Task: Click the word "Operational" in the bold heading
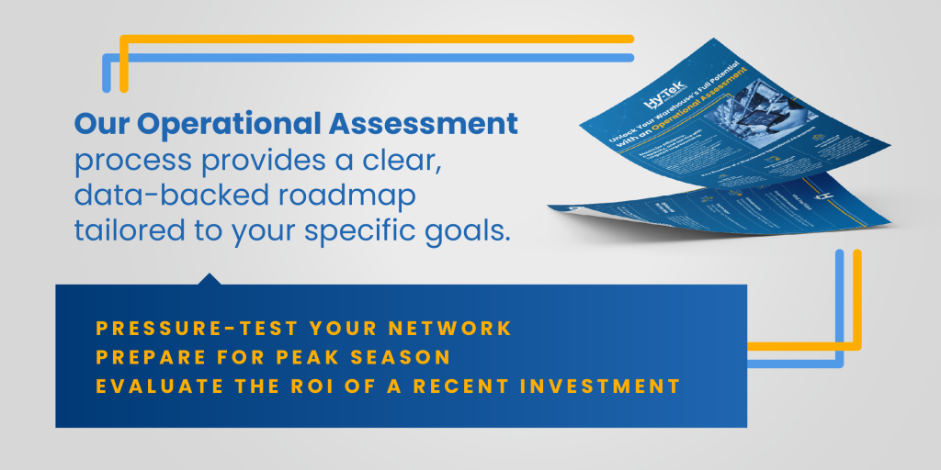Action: (x=229, y=125)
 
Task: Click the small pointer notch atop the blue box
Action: (x=210, y=278)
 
